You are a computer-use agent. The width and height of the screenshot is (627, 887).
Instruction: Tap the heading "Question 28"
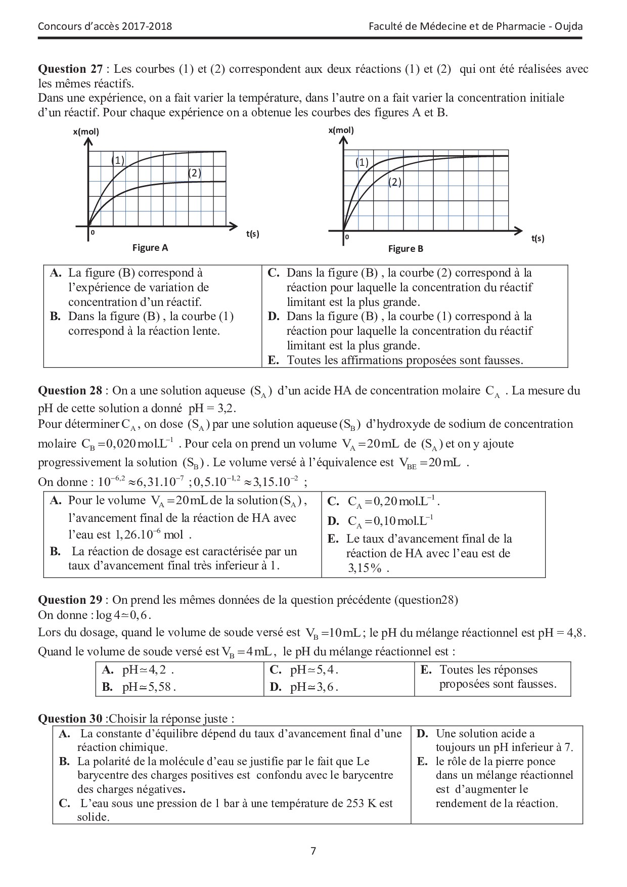70,390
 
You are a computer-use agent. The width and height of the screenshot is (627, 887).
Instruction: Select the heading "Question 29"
70,600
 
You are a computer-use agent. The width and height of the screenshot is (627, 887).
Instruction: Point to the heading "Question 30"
70,719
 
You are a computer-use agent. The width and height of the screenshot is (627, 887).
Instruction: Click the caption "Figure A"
150,248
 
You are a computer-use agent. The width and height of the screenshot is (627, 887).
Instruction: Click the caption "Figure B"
406,249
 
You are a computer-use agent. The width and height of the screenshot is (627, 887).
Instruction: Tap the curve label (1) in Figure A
118,161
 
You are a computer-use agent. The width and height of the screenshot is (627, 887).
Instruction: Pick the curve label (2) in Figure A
195,173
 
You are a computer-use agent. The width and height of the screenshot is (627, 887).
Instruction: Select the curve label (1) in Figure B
362,162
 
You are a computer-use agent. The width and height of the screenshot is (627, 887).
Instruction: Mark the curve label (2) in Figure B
395,182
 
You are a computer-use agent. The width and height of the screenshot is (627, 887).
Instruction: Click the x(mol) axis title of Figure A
86,132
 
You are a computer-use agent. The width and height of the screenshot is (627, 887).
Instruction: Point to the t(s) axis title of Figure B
538,238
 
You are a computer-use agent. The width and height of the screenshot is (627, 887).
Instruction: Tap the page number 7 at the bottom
313,851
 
